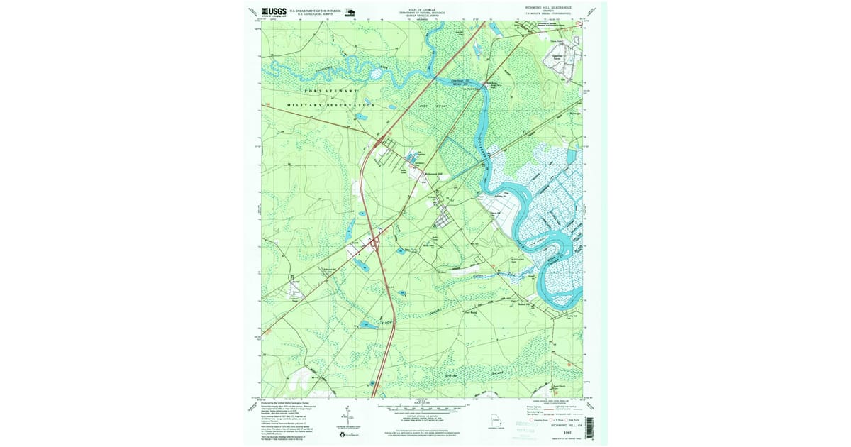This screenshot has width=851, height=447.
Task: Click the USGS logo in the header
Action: (x=274, y=11)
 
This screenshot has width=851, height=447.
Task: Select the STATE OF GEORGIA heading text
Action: (x=423, y=11)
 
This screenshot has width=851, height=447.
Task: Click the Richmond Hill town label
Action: (x=433, y=175)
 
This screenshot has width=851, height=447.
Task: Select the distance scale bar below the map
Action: (x=423, y=408)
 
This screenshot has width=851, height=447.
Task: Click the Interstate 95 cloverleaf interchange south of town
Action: (x=374, y=243)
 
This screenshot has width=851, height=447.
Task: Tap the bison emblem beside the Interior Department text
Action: (x=350, y=11)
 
